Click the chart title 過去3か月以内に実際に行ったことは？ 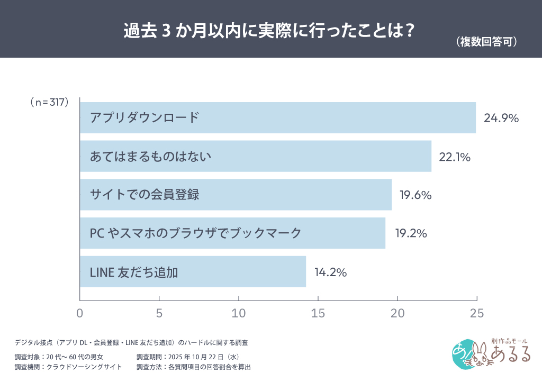(268, 31)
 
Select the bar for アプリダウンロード (278, 117)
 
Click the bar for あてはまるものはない (256, 156)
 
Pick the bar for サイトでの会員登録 (236, 195)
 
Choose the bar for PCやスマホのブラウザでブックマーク (232, 233)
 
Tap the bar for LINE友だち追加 (193, 272)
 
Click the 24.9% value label (501, 118)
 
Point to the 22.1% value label (455, 157)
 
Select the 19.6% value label (415, 195)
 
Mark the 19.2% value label (411, 233)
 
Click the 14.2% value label (330, 272)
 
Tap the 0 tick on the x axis (80, 313)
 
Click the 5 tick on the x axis (159, 313)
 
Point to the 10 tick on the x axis (239, 313)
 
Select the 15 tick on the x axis (318, 313)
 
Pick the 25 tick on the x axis (477, 313)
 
